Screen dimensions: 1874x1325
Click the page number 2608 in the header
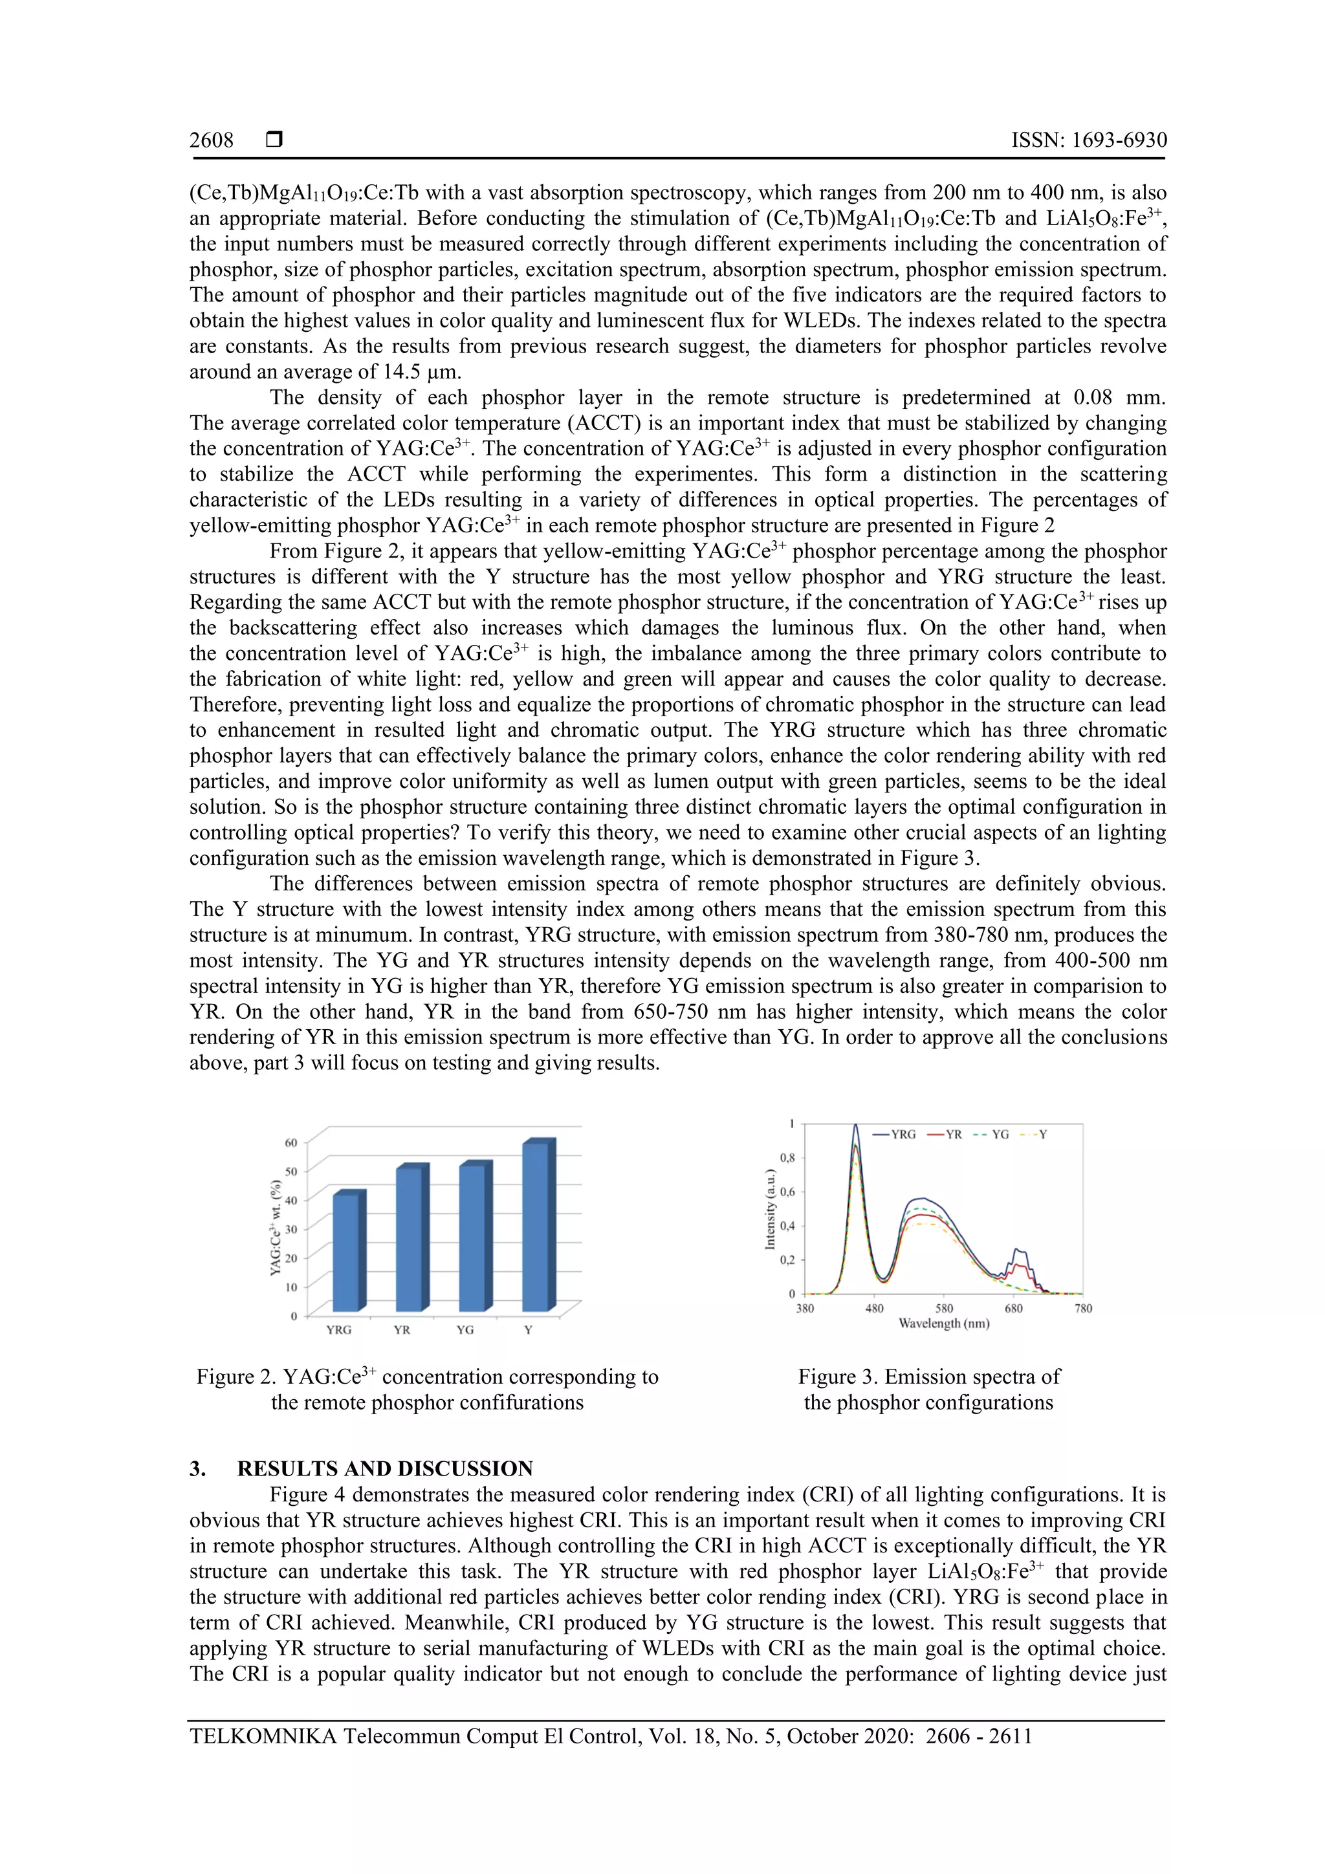click(212, 140)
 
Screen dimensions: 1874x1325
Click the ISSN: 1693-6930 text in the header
click(1088, 140)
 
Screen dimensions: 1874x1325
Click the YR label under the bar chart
click(402, 1329)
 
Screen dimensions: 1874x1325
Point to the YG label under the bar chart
click(465, 1329)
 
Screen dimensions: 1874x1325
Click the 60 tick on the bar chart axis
click(290, 1142)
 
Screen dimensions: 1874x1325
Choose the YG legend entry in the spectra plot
click(991, 1135)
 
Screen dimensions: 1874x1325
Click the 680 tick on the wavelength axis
click(1013, 1309)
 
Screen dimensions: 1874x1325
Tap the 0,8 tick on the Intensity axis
click(787, 1158)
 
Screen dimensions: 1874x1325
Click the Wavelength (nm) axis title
click(944, 1323)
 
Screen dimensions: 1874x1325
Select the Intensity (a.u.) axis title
click(769, 1209)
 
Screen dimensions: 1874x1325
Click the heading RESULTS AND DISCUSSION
click(384, 1468)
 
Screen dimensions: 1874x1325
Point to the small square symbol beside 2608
click(274, 140)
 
